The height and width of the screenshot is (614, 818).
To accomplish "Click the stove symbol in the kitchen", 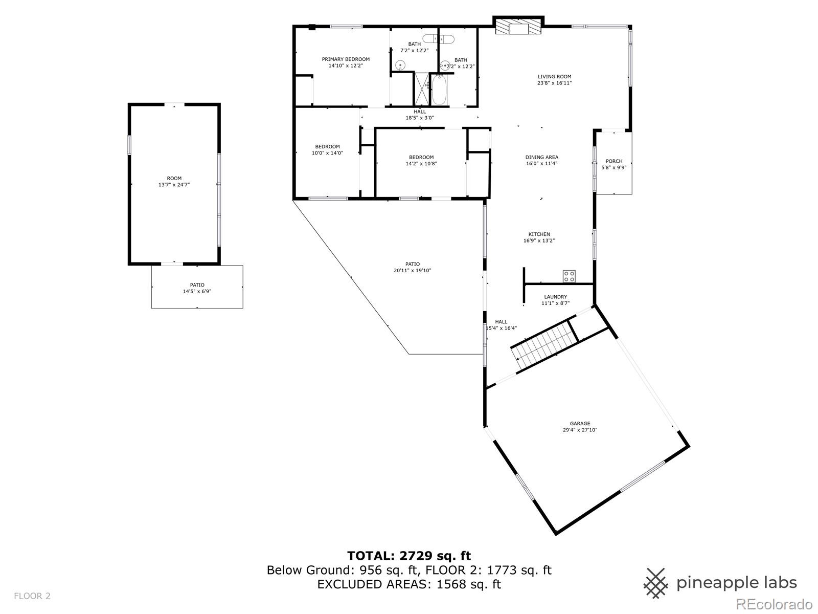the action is pyautogui.click(x=569, y=276).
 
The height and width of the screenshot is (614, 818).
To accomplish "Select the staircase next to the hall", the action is pyautogui.click(x=544, y=345).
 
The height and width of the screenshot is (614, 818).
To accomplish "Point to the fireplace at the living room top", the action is pyautogui.click(x=518, y=26).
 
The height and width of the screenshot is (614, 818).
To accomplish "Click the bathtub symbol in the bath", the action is pyautogui.click(x=439, y=90).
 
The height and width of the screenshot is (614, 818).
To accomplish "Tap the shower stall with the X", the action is pyautogui.click(x=421, y=89).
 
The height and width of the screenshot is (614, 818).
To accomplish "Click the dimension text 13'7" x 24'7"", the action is pyautogui.click(x=174, y=185).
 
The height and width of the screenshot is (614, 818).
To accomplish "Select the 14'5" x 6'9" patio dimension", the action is pyautogui.click(x=197, y=291).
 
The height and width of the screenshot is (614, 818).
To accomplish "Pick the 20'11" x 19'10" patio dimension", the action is pyautogui.click(x=412, y=270).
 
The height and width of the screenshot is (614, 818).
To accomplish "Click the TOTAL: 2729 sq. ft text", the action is pyautogui.click(x=409, y=556).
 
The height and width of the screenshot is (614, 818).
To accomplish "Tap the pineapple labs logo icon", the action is pyautogui.click(x=656, y=583).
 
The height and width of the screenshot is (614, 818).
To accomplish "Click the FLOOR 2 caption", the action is pyautogui.click(x=32, y=596).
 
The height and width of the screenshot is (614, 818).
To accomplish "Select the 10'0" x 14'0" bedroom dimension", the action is pyautogui.click(x=327, y=153).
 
